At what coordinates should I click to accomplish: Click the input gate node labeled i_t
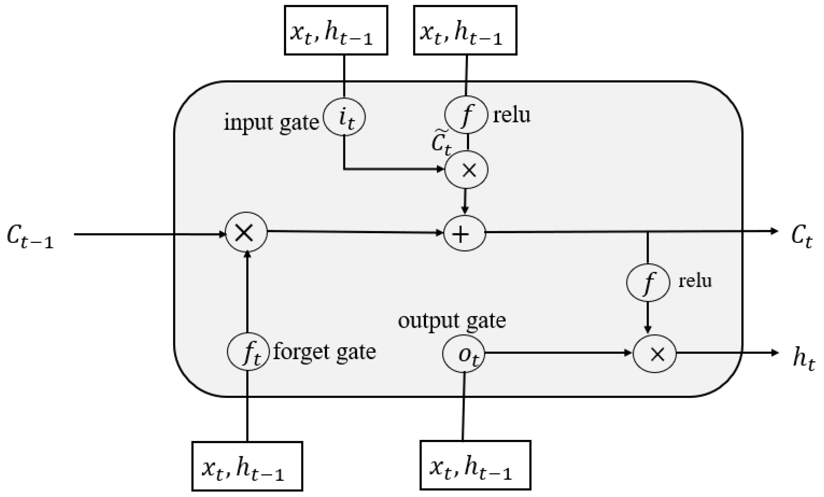pyautogui.click(x=344, y=117)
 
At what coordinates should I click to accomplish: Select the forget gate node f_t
pyautogui.click(x=248, y=352)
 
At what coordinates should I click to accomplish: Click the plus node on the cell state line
pyautogui.click(x=464, y=233)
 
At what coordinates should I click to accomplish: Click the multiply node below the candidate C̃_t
pyautogui.click(x=466, y=169)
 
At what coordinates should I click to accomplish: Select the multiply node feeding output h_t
pyautogui.click(x=654, y=354)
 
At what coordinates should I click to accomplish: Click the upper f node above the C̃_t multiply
pyautogui.click(x=466, y=115)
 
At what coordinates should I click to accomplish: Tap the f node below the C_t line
pyautogui.click(x=648, y=282)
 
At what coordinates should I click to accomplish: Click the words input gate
pyautogui.click(x=271, y=122)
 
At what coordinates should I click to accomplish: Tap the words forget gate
pyautogui.click(x=324, y=352)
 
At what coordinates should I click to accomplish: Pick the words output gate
pyautogui.click(x=452, y=321)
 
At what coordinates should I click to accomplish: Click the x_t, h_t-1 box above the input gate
pyautogui.click(x=336, y=30)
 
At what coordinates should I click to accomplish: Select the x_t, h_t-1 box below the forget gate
pyautogui.click(x=247, y=466)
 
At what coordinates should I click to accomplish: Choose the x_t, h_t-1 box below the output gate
pyautogui.click(x=475, y=465)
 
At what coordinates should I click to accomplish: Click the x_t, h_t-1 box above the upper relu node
pyautogui.click(x=465, y=30)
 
